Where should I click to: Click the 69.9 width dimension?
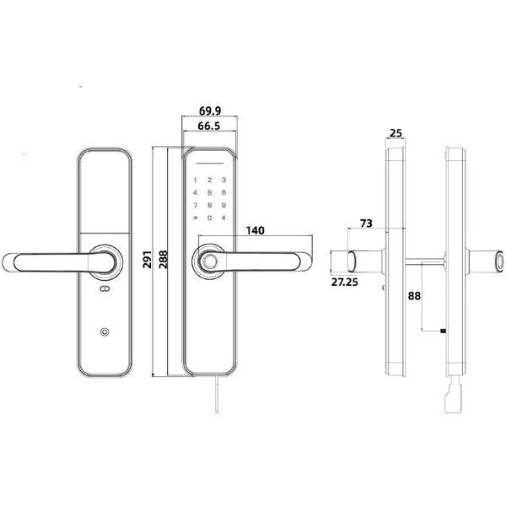click(x=210, y=110)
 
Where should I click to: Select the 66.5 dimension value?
click(x=209, y=126)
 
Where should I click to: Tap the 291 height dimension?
click(x=147, y=259)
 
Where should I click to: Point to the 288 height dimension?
click(x=164, y=259)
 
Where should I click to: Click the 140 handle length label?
click(x=255, y=230)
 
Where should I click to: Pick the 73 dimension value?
click(x=366, y=223)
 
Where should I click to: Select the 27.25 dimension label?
click(x=345, y=282)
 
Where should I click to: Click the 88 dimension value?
click(x=414, y=296)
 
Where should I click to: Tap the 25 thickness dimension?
click(x=396, y=133)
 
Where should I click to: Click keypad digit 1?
click(x=195, y=180)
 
